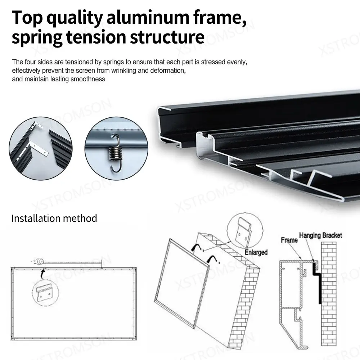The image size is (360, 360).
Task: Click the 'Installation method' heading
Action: (54, 218)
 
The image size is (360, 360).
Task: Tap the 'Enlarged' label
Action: (256, 252)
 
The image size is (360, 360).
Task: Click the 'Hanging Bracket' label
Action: (320, 235)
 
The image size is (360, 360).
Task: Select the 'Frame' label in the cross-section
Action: (289, 240)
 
